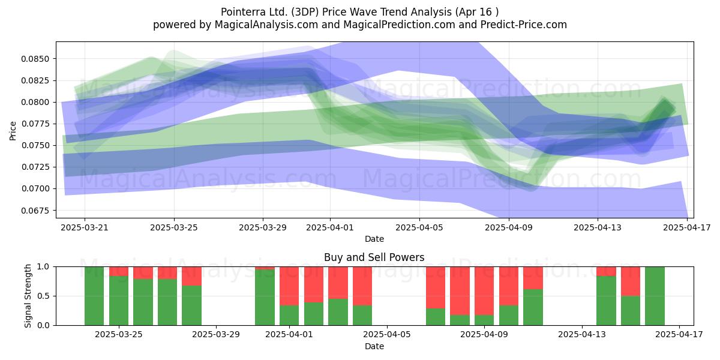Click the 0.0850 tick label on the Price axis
tap(35, 59)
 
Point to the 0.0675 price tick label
tap(35, 211)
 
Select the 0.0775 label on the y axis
tap(35, 124)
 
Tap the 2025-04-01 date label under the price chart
tap(330, 227)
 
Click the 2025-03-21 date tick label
tap(85, 227)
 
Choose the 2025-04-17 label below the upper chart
tap(687, 227)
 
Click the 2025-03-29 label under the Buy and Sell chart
tap(215, 335)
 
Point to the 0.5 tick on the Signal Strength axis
tap(43, 296)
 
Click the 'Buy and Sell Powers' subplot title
tap(374, 257)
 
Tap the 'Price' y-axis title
tap(13, 131)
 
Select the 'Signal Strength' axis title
tap(28, 296)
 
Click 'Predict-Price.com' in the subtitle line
tap(524, 25)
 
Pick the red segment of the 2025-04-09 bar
tap(484, 291)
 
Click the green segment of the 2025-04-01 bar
tap(289, 315)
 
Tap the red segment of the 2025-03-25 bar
tap(119, 271)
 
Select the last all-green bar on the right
tap(655, 296)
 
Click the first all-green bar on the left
tap(94, 296)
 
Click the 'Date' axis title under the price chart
tap(374, 239)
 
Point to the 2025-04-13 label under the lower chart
tap(582, 335)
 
